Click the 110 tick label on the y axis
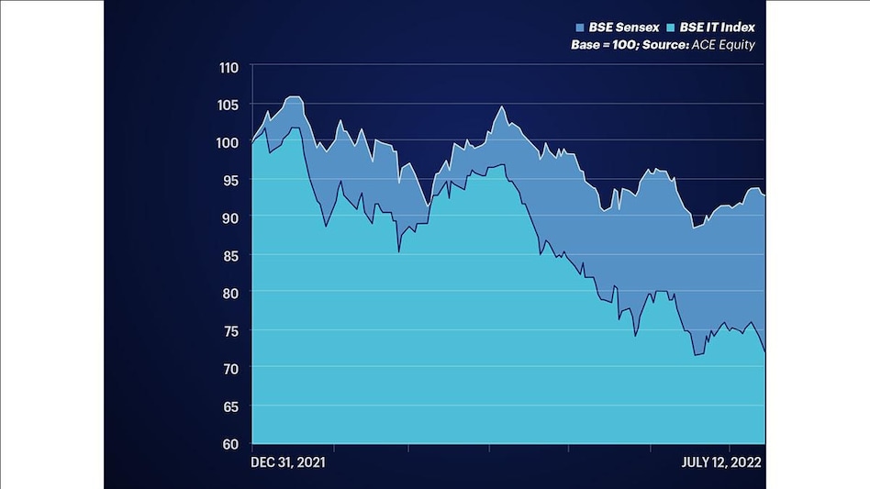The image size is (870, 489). pos(228,67)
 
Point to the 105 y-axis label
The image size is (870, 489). pos(228,105)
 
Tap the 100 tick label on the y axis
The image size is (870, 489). pos(228,142)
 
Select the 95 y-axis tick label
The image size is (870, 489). pos(229,180)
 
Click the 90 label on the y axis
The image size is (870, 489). pos(229,217)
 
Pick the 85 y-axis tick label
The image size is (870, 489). pos(229,255)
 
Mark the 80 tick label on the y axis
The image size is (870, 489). pos(229,293)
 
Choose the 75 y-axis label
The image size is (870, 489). pos(229,330)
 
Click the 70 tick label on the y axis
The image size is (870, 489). pos(229,368)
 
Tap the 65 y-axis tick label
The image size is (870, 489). pos(229,406)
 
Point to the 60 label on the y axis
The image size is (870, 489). pos(229,443)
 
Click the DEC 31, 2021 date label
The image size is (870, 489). pos(287,462)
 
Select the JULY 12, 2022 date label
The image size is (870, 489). pos(721,462)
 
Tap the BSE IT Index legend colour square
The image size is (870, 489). pos(673,28)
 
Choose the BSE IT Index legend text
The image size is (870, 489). pos(718,28)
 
